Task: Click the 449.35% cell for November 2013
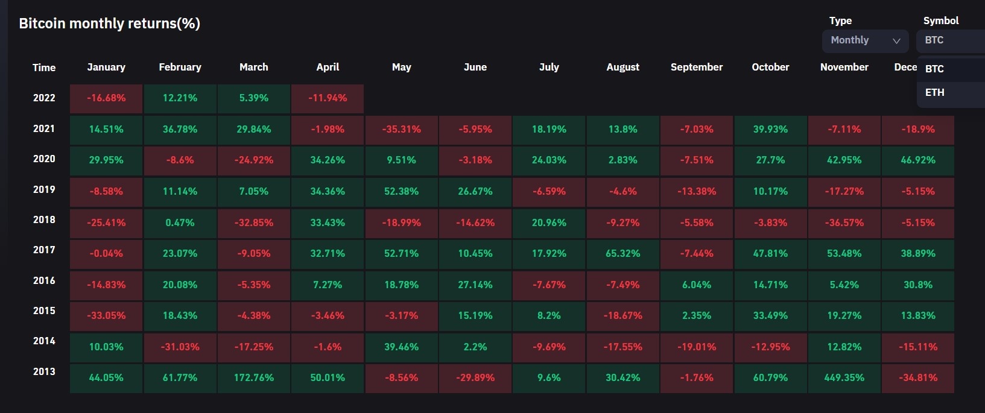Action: [844, 378]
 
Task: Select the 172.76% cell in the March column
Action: [254, 378]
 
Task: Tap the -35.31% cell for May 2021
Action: [401, 130]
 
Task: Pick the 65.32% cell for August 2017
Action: [622, 254]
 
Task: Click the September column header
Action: [696, 67]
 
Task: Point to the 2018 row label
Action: [44, 220]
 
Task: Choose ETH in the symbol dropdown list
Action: [934, 92]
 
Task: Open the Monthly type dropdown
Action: [865, 40]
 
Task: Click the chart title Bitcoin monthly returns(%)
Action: [109, 24]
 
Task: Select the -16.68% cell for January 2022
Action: [106, 98]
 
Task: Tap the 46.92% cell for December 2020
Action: [917, 160]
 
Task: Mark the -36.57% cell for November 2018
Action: [844, 223]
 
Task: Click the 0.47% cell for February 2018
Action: [180, 223]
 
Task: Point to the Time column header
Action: [44, 68]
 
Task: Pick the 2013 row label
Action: [44, 372]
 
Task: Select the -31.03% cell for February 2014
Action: [180, 347]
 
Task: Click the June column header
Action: [475, 67]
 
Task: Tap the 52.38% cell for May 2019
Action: [401, 192]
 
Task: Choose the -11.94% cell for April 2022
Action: [328, 98]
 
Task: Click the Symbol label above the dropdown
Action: [940, 20]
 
